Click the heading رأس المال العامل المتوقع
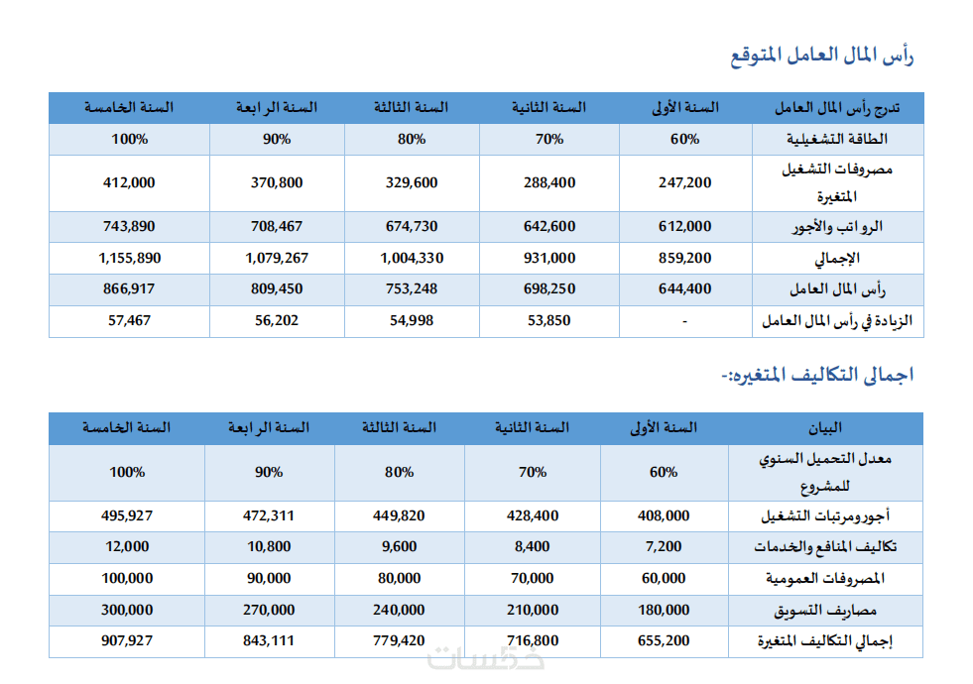click(x=821, y=56)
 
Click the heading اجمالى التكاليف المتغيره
click(x=817, y=375)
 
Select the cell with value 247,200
click(x=685, y=183)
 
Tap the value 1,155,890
click(x=129, y=258)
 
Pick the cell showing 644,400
click(x=685, y=289)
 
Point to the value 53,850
click(x=549, y=320)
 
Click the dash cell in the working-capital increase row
click(x=685, y=321)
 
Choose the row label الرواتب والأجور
click(x=837, y=227)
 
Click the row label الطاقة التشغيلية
click(x=837, y=139)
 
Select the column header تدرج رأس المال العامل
click(x=837, y=108)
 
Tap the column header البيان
click(x=824, y=428)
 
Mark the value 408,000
click(x=664, y=515)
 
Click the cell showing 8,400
click(x=533, y=547)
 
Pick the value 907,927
click(x=127, y=640)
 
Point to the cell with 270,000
click(x=269, y=611)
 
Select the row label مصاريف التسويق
click(x=824, y=611)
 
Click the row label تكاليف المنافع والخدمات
click(x=824, y=547)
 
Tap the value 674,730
click(x=412, y=227)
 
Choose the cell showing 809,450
click(x=277, y=289)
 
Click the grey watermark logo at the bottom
click(x=486, y=657)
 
